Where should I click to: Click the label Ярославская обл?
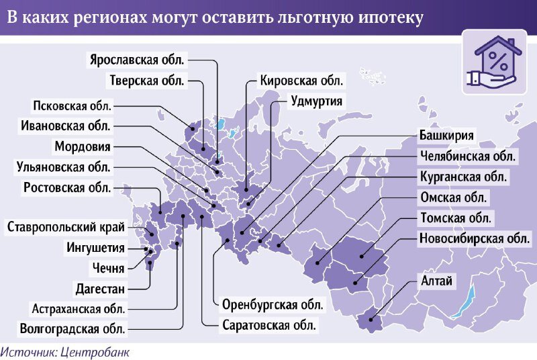137,59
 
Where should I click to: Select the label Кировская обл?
302,81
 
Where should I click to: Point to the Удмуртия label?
317,101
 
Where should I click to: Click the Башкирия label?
447,135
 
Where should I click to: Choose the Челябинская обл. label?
468,156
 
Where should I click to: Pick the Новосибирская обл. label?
475,238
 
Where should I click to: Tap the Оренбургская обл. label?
273,304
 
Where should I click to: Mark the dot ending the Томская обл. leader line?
362,256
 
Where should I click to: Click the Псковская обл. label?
72,105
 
